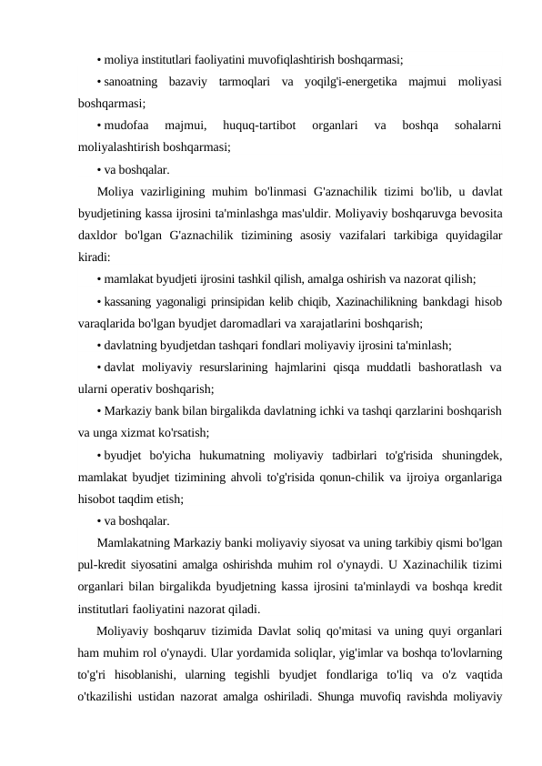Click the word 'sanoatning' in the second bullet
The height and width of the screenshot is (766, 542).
click(131, 83)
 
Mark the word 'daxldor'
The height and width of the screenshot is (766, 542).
click(100, 236)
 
